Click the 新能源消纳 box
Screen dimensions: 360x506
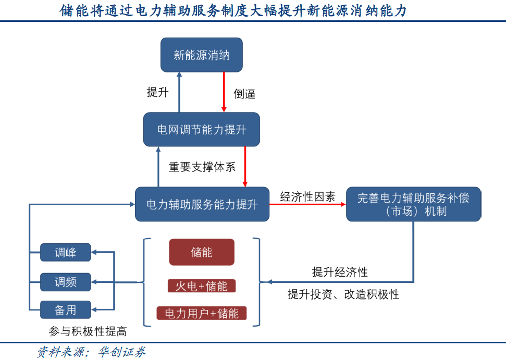[x=201, y=55]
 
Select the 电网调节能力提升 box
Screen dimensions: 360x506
[x=201, y=129]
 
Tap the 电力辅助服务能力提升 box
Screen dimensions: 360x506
[x=202, y=204]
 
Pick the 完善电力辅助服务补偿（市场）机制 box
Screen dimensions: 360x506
[x=413, y=204]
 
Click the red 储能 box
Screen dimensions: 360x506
[x=201, y=253]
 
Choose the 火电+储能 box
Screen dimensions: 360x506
[x=201, y=286]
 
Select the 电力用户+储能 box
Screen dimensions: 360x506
[x=201, y=313]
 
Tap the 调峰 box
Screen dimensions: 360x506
[x=66, y=253]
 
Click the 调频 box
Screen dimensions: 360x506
[x=66, y=282]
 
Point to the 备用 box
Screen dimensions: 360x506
[x=66, y=310]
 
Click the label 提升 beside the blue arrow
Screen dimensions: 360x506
[x=157, y=93]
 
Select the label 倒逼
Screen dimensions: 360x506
[x=244, y=94]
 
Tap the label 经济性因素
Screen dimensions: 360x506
[x=307, y=196]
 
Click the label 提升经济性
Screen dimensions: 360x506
[x=340, y=272]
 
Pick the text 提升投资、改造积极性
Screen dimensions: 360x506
[x=343, y=294]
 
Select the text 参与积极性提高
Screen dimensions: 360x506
[x=88, y=331]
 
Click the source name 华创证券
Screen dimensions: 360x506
[x=124, y=352]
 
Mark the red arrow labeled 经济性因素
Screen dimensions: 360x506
[x=307, y=204]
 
